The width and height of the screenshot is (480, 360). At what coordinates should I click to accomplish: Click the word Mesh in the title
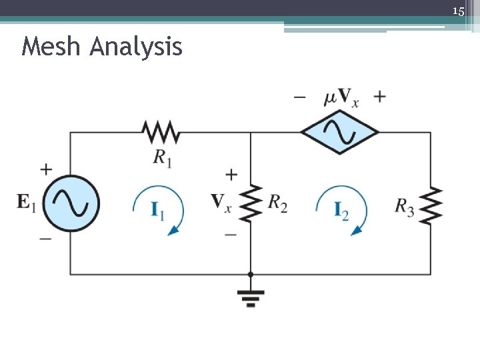pos(51,47)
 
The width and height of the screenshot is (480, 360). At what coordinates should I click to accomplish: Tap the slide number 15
pos(458,11)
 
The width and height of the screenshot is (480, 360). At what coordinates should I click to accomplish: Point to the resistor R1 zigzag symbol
pos(160,132)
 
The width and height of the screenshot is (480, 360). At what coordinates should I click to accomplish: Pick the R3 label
pos(405,206)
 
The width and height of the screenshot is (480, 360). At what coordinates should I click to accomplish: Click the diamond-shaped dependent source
pos(339,132)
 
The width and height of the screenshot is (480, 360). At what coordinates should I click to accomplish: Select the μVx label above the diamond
pos(341,97)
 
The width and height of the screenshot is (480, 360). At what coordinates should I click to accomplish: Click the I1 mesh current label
pos(158,211)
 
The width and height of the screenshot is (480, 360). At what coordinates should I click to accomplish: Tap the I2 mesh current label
pos(341,211)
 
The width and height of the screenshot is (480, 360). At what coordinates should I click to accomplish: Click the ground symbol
pos(251,295)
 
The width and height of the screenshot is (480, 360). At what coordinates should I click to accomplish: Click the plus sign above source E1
pos(45,169)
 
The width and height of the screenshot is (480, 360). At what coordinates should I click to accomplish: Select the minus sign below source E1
pos(45,238)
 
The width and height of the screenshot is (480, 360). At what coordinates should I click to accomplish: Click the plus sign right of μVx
pos(379,97)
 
